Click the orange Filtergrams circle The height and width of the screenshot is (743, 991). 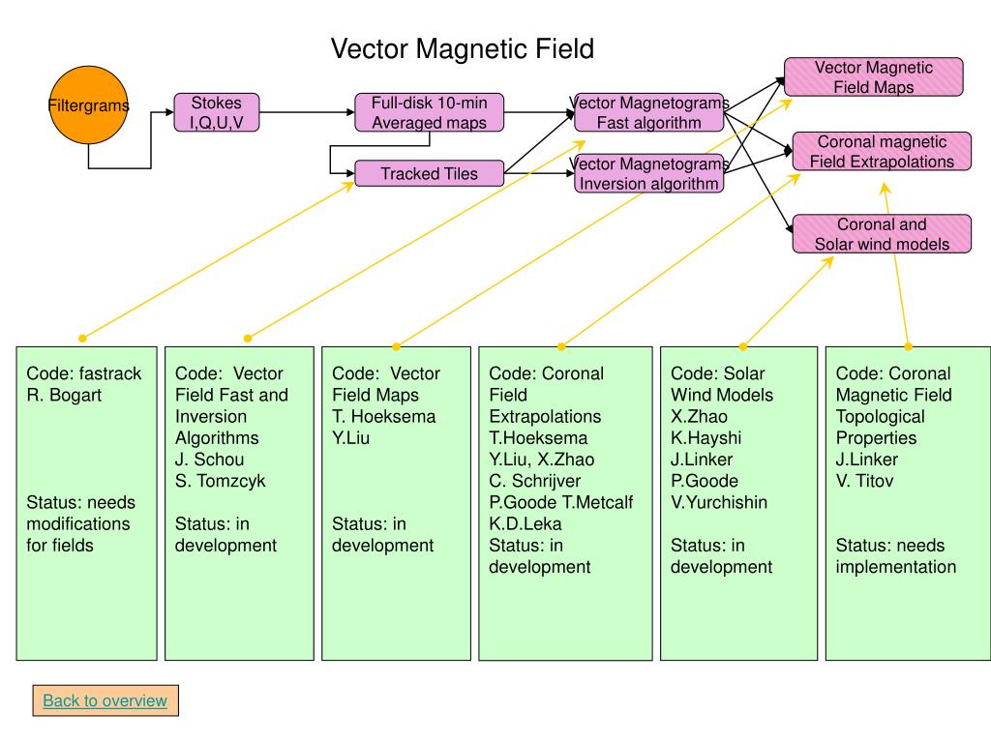(x=88, y=104)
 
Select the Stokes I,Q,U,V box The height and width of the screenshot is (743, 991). (x=216, y=112)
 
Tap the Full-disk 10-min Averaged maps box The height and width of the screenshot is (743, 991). (x=429, y=112)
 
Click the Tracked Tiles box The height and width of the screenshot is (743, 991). (x=429, y=173)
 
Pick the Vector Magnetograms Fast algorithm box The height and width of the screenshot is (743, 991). (x=649, y=112)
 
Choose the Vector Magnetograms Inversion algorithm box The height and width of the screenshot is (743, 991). (x=649, y=173)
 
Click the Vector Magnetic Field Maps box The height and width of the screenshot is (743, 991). (x=874, y=77)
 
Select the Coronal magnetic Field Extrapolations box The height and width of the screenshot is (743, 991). (x=882, y=151)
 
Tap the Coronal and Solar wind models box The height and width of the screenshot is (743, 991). (x=882, y=234)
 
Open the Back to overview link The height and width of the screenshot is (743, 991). (x=105, y=700)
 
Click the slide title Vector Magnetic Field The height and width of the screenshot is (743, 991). (x=462, y=48)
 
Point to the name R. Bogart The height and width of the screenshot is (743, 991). (x=64, y=395)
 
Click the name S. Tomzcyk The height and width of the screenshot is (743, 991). (x=220, y=481)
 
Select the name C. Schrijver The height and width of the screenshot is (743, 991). (x=534, y=481)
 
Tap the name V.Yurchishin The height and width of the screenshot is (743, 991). (x=719, y=502)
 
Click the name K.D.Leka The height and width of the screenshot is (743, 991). (x=526, y=523)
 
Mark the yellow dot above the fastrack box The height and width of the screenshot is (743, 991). (x=82, y=339)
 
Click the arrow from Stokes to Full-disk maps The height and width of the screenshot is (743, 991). (x=307, y=112)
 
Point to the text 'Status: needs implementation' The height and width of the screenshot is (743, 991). (x=895, y=556)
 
